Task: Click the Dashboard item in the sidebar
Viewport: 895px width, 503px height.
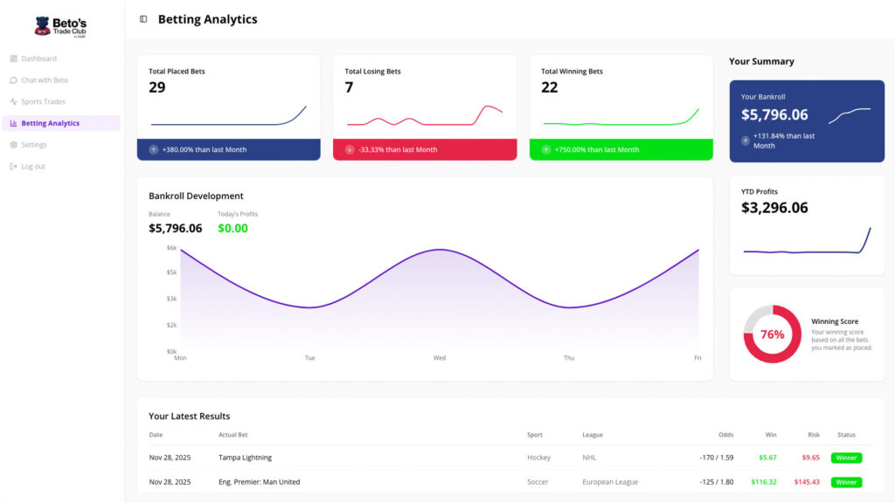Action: pos(38,59)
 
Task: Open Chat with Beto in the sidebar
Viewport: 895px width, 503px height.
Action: pos(44,80)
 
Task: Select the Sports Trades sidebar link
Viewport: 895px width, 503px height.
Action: pos(43,102)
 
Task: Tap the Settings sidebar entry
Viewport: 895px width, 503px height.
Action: pos(34,145)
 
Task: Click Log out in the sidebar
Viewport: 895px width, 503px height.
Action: pos(33,167)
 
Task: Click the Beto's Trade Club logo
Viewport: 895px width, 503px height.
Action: pos(60,27)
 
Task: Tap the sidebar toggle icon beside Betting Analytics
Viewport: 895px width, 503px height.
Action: pos(143,19)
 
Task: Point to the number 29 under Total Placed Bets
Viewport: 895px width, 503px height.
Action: pos(157,87)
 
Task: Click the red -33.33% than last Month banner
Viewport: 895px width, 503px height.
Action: pos(425,149)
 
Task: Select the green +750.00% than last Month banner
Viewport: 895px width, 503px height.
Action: pos(621,149)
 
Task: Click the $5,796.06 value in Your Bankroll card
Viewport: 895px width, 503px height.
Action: pos(774,114)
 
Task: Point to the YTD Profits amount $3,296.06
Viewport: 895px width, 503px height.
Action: pos(774,208)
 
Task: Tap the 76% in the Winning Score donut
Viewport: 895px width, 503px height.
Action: pos(773,334)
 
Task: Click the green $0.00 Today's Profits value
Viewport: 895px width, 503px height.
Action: pos(232,229)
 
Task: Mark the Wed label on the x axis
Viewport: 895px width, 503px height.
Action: pos(440,358)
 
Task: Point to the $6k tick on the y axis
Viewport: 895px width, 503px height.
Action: pos(171,248)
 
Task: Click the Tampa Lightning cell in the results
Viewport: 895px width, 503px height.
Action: pos(245,458)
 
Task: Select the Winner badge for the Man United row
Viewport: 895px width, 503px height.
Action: pos(846,482)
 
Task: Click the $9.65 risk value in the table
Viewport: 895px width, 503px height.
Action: pos(810,458)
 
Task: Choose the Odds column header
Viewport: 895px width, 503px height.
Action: pos(725,435)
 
